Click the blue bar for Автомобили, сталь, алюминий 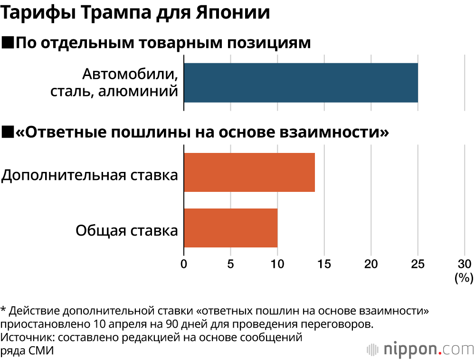[x=301, y=83]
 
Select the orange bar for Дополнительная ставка [x=249, y=172]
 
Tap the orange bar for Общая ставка [x=230, y=228]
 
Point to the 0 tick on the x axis [x=184, y=264]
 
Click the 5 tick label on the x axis [x=230, y=264]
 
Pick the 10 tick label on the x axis [x=277, y=264]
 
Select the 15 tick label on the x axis [x=324, y=264]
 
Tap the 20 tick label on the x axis [x=370, y=264]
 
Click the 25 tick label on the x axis [x=418, y=264]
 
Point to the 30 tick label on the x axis [x=464, y=264]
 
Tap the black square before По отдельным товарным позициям [x=8, y=43]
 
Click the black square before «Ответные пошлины [x=8, y=132]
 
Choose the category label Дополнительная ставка [x=90, y=175]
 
